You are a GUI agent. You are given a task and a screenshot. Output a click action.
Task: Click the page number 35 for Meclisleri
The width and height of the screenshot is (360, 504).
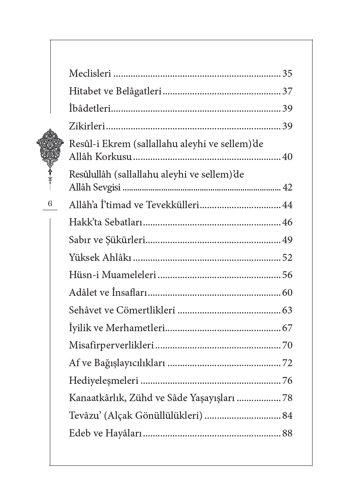pyautogui.click(x=287, y=74)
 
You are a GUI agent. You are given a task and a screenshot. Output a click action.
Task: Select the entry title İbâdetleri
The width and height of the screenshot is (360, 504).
pyautogui.click(x=90, y=109)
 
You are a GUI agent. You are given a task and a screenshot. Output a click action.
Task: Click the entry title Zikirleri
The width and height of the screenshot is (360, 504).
pyautogui.click(x=87, y=126)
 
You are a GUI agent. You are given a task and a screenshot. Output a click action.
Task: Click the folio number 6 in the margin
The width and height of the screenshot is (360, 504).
pyautogui.click(x=50, y=204)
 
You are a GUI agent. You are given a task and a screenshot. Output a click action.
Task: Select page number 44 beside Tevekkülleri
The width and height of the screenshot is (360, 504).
pyautogui.click(x=287, y=205)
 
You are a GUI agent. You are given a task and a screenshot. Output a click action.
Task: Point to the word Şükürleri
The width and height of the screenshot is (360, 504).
pyautogui.click(x=125, y=240)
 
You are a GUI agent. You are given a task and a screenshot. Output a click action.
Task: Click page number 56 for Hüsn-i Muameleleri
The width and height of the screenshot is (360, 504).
pyautogui.click(x=287, y=275)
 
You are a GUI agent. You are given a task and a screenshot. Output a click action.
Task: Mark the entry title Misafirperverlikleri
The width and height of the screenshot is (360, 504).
pyautogui.click(x=112, y=346)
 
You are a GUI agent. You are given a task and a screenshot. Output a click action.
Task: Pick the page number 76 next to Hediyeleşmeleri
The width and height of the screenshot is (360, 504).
pyautogui.click(x=287, y=381)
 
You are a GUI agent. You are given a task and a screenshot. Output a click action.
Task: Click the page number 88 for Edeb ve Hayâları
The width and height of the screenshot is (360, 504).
pyautogui.click(x=287, y=433)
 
